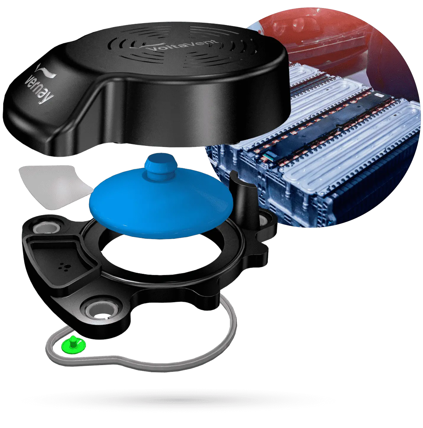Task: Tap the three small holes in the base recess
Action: click(63, 266)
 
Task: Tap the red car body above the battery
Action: click(315, 36)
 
